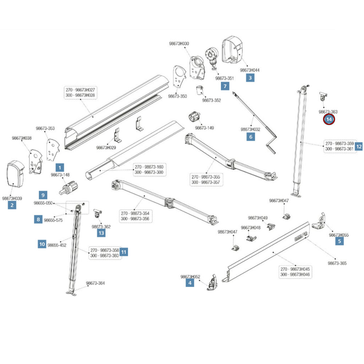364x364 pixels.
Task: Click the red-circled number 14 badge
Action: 329,119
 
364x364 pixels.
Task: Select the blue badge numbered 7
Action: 225,86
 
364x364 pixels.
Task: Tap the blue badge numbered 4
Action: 190,282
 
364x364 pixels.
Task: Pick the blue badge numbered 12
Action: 359,146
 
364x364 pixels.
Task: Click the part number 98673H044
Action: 250,70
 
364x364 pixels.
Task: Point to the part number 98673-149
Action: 204,128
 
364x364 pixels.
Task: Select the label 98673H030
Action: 179,44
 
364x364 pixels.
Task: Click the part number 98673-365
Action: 337,263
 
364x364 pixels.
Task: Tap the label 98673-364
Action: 95,283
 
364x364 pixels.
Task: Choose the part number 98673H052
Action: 190,277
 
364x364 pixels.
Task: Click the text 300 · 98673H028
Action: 80,95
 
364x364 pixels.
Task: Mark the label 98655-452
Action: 57,245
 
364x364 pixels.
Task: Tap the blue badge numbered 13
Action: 101,233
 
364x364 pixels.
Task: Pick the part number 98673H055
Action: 339,235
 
